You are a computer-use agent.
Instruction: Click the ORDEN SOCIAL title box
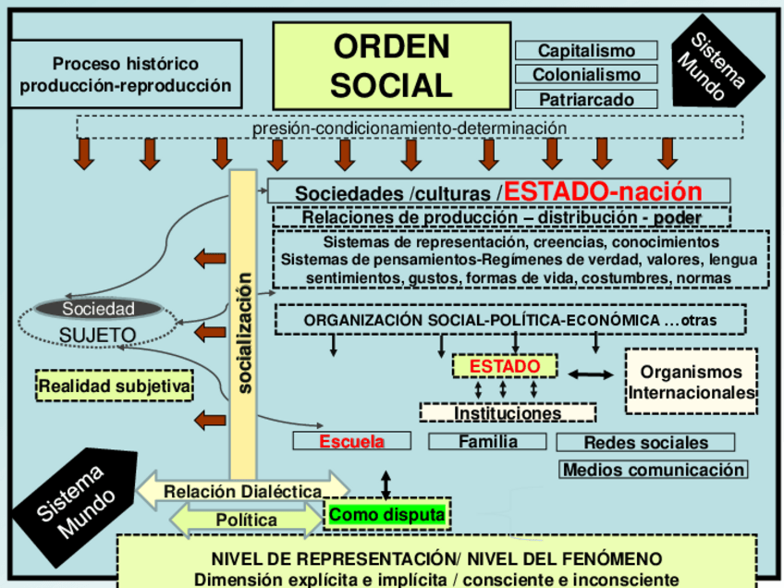[x=391, y=65]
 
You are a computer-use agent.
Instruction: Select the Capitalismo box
[x=586, y=51]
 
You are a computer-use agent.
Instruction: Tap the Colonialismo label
[x=586, y=75]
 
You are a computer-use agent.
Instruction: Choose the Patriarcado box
[x=586, y=99]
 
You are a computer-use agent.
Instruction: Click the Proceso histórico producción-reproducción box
[x=125, y=75]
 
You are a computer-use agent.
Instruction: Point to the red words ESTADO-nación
[x=603, y=191]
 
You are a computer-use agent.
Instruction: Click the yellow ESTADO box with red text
[x=504, y=367]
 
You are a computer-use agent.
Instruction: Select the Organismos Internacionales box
[x=692, y=382]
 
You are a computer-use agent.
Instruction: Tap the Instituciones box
[x=508, y=413]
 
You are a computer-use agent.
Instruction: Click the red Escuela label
[x=351, y=442]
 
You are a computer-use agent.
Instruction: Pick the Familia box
[x=488, y=442]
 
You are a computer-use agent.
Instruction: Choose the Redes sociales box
[x=645, y=443]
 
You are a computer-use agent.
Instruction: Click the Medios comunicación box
[x=654, y=470]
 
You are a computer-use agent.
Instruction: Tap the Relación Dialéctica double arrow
[x=243, y=491]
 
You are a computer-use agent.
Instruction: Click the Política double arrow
[x=246, y=520]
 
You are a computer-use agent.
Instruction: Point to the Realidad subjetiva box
[x=115, y=385]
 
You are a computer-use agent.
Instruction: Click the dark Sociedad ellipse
[x=98, y=309]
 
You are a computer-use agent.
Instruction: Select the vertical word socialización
[x=244, y=332]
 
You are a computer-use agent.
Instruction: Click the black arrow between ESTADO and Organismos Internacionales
[x=590, y=374]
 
